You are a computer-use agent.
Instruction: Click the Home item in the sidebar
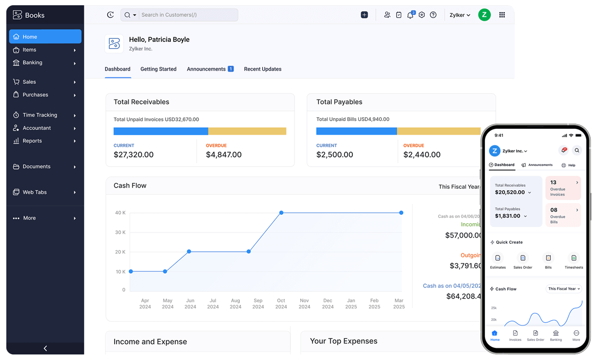tap(45, 37)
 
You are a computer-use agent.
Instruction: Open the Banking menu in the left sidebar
tap(32, 63)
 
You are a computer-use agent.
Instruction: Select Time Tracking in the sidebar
tap(40, 115)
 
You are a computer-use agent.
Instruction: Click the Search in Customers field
tap(186, 15)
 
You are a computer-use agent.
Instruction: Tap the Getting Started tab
tap(158, 69)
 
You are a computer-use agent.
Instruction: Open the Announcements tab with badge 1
tap(210, 69)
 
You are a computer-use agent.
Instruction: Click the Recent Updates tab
tap(263, 69)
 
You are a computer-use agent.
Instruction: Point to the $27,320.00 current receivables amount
tap(134, 155)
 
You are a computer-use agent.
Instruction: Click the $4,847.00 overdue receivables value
tap(223, 155)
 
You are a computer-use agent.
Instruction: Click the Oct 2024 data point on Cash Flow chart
tap(281, 213)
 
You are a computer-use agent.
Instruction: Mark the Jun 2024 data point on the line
tap(189, 251)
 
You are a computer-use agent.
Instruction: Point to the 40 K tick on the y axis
tap(120, 213)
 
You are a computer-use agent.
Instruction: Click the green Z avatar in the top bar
tap(484, 15)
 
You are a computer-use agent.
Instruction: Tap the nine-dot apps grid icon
tap(502, 15)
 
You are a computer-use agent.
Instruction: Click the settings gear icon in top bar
tap(422, 15)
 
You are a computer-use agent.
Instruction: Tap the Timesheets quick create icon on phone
tap(574, 258)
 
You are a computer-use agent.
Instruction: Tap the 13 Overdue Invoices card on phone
tap(563, 188)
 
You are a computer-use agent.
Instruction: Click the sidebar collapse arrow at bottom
tap(45, 348)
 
